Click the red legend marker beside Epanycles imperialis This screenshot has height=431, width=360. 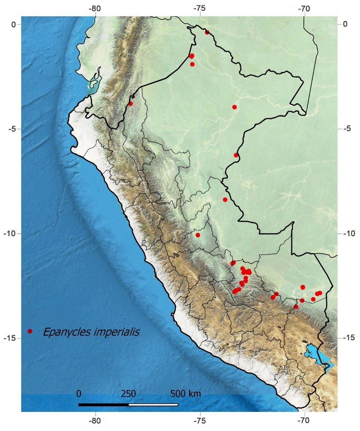tap(30, 331)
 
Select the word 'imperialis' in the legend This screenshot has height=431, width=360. tap(117, 332)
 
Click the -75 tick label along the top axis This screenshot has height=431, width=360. tap(200, 8)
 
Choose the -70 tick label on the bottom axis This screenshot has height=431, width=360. tap(304, 421)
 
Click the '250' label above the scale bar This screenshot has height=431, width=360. tap(128, 394)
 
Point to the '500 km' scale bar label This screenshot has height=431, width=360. tap(186, 394)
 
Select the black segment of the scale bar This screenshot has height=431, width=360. tap(103, 405)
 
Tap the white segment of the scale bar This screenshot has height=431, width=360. tap(153, 405)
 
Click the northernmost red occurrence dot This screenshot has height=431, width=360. tap(207, 32)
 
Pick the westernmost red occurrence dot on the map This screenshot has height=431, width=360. tap(131, 103)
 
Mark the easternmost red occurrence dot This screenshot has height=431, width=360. tap(320, 293)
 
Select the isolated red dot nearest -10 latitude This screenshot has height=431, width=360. tap(198, 235)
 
